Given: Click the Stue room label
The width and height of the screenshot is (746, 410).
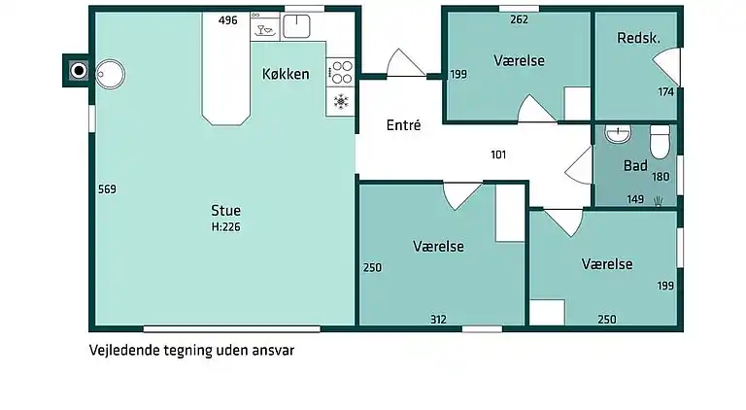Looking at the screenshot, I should click(x=225, y=210).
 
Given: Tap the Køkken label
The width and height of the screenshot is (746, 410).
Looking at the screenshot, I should click(x=286, y=74).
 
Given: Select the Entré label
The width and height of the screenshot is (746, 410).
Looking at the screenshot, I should click(x=403, y=125).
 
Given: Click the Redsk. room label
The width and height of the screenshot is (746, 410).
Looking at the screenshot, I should click(x=638, y=38).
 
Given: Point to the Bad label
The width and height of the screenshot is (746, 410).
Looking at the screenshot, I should click(x=635, y=166).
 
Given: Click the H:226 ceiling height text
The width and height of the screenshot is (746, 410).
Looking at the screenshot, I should click(x=225, y=227).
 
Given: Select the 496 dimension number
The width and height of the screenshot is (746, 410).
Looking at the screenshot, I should click(x=228, y=20).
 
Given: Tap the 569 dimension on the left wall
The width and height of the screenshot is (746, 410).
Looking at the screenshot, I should click(x=107, y=189).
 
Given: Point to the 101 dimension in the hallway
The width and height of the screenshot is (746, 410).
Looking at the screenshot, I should click(x=498, y=154).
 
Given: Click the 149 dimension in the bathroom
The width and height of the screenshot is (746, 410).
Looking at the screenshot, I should click(x=635, y=199).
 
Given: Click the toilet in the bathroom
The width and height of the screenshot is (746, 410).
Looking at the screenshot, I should click(x=661, y=142).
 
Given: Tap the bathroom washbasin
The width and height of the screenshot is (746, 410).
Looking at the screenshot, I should click(x=618, y=135).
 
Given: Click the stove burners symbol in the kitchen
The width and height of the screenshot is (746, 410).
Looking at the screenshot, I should click(x=341, y=71).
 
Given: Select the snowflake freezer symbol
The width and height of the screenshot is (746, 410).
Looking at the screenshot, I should click(x=341, y=101).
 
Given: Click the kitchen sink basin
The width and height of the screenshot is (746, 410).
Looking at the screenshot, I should click(x=296, y=25).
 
